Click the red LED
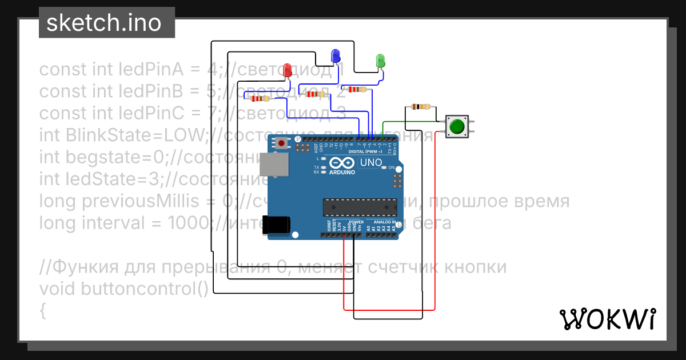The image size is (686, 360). [288, 70]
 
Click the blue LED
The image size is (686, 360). [336, 56]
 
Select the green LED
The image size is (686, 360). [380, 61]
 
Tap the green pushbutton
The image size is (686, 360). [456, 127]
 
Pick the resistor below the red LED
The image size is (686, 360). [260, 99]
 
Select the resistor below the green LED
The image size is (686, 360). [357, 89]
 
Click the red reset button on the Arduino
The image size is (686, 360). [281, 142]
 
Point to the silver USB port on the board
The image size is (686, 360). [274, 164]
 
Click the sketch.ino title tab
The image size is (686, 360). [107, 22]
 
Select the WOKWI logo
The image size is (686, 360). [607, 319]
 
